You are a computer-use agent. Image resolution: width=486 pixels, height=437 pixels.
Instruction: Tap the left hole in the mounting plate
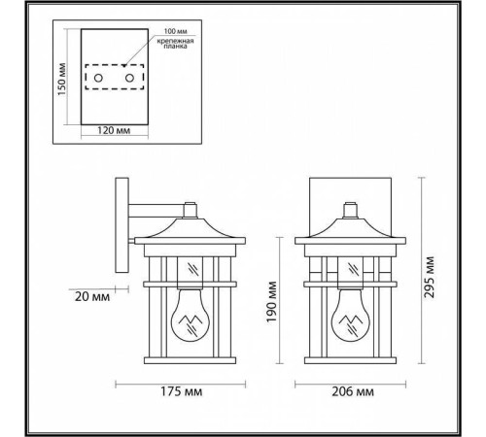pyautogui.click(x=98, y=76)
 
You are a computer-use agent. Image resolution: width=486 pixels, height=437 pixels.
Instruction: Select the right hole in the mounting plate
pyautogui.click(x=127, y=76)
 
